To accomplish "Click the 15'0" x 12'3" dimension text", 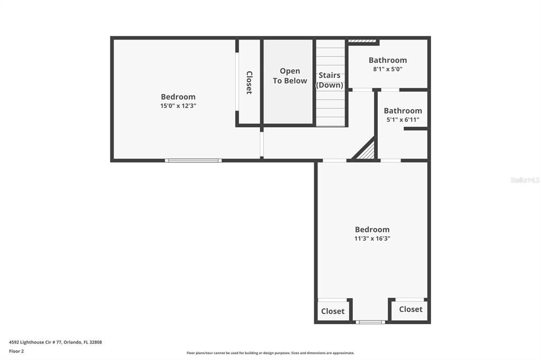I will click(x=178, y=106).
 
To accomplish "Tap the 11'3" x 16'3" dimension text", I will click(x=372, y=239).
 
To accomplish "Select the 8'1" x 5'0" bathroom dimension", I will click(x=388, y=69).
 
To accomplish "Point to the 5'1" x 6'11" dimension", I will click(x=403, y=120).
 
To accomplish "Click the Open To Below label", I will click(x=290, y=75).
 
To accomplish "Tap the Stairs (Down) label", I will click(x=330, y=80).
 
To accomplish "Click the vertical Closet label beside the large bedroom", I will click(x=249, y=82).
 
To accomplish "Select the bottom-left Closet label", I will click(x=333, y=311).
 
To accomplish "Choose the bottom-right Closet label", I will click(x=411, y=309).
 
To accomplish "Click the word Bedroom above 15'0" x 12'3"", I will click(x=178, y=97).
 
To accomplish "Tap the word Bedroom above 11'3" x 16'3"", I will click(x=372, y=230).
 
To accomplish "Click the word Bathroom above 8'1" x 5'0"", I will click(x=388, y=60).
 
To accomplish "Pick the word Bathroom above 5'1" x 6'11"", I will click(x=403, y=111).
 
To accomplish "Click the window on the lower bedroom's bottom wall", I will click(x=370, y=321).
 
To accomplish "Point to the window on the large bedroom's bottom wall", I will click(x=193, y=160).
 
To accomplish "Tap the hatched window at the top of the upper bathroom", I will click(x=362, y=40).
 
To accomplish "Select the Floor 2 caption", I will click(x=16, y=351).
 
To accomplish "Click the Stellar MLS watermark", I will click(x=525, y=180).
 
